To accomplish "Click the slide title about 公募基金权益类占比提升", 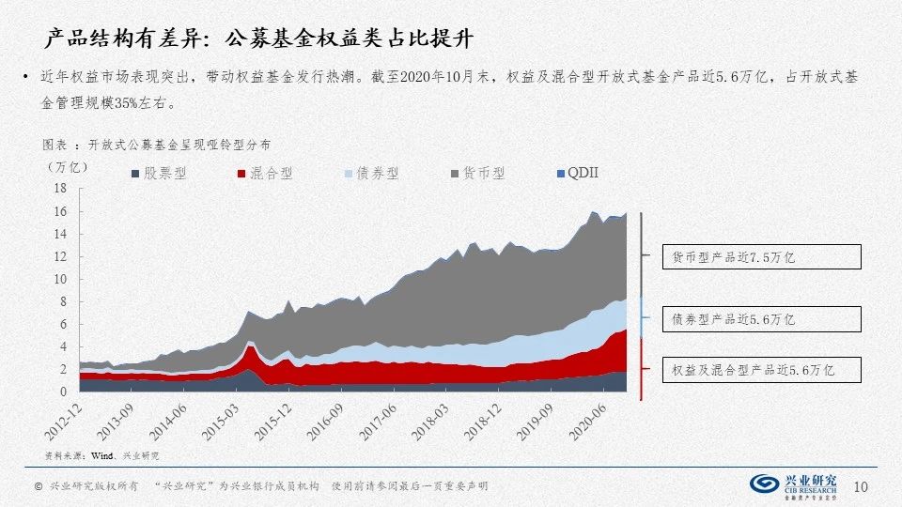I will pyautogui.click(x=259, y=38).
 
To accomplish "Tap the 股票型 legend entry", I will pyautogui.click(x=160, y=174).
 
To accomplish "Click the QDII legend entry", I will pyautogui.click(x=577, y=174).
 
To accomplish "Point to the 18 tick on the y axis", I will pyautogui.click(x=60, y=189).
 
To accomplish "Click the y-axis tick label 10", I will pyautogui.click(x=60, y=279).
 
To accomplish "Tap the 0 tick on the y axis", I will pyautogui.click(x=63, y=392).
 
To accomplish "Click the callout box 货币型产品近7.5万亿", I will pyautogui.click(x=754, y=256).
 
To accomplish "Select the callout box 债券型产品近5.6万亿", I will pyautogui.click(x=754, y=319).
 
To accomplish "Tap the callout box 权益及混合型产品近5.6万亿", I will pyautogui.click(x=754, y=370).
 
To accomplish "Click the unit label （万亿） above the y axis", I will pyautogui.click(x=68, y=166).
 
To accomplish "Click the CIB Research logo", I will pyautogui.click(x=793, y=484).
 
